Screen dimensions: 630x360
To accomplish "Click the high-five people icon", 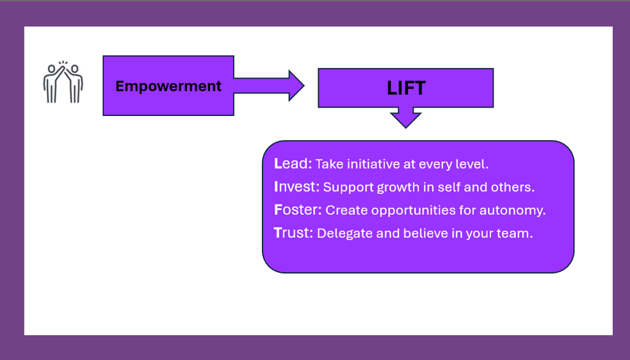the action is pyautogui.click(x=63, y=83).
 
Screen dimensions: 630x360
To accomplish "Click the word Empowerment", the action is pyautogui.click(x=168, y=86).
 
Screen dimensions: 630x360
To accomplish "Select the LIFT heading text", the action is pyautogui.click(x=406, y=88).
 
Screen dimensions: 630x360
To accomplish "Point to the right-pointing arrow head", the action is pyautogui.click(x=296, y=86).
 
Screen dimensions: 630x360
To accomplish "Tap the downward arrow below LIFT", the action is pyautogui.click(x=406, y=117).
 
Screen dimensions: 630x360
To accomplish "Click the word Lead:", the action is pyautogui.click(x=293, y=163).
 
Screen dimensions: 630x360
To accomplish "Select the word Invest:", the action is pyautogui.click(x=296, y=186).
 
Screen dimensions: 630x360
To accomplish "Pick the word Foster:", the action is pyautogui.click(x=298, y=209).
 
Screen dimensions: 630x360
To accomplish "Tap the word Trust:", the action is pyautogui.click(x=293, y=233).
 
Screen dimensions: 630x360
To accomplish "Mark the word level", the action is pyautogui.click(x=475, y=164).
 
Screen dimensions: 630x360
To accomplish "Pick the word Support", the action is pyautogui.click(x=348, y=188).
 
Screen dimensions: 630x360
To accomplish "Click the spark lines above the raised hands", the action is pyautogui.click(x=63, y=63).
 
